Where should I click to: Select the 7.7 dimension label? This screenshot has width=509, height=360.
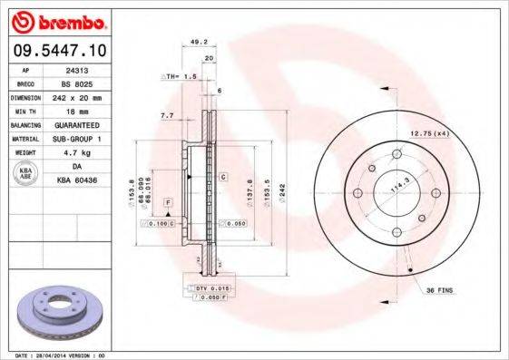167,117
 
